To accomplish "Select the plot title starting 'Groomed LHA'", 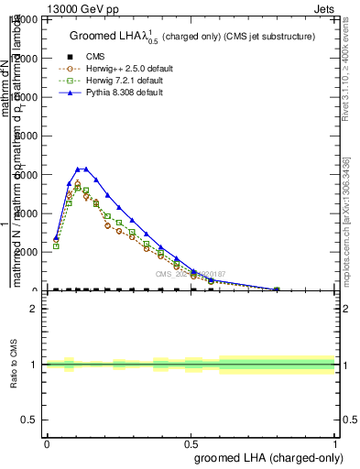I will [x=192, y=37].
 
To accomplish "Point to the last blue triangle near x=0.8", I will [x=277, y=289].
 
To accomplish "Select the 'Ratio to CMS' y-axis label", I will [x=14, y=365].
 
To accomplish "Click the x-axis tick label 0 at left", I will [x=47, y=442].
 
